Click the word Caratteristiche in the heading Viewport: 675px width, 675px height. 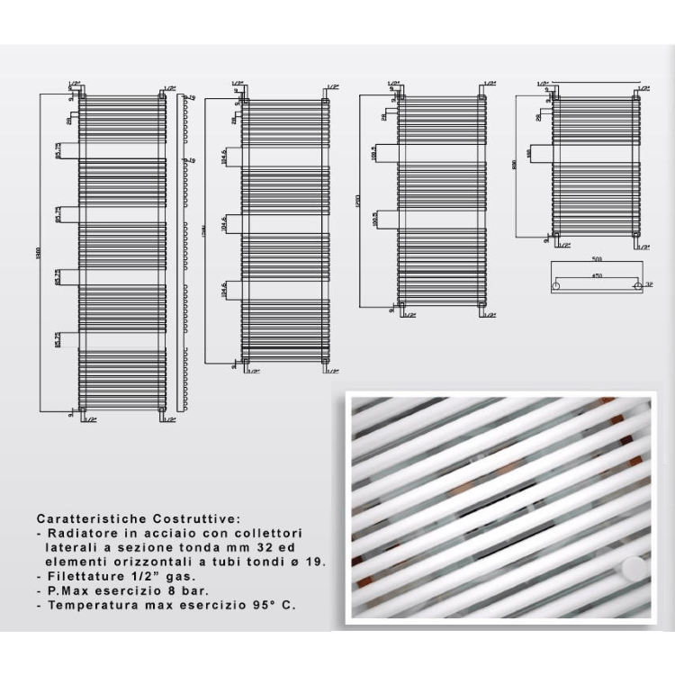point(87,519)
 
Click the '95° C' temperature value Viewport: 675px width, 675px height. point(275,606)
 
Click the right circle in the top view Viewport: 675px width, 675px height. point(638,285)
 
